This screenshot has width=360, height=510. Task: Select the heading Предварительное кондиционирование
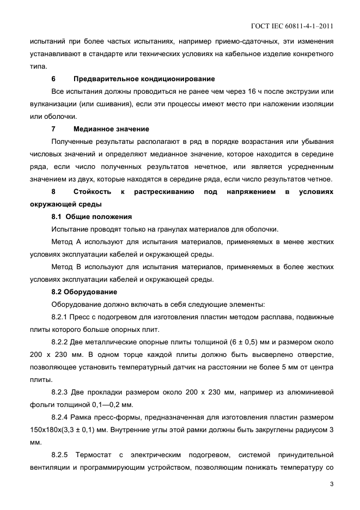(144, 78)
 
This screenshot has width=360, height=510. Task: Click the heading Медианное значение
(111, 129)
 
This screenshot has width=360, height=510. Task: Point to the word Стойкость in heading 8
(93, 191)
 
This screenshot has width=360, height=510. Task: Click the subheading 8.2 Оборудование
(84, 292)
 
